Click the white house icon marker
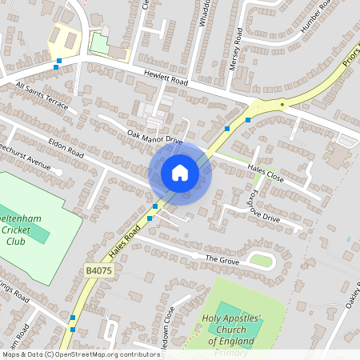(180, 173)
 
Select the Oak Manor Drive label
(155, 137)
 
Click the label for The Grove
(222, 259)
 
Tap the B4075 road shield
(96, 273)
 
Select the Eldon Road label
(66, 146)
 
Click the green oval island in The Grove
(261, 260)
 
